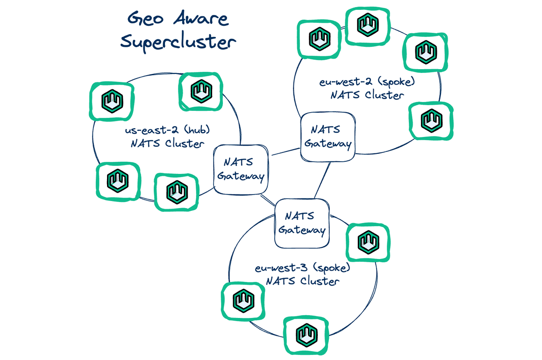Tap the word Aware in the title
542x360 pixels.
(x=200, y=19)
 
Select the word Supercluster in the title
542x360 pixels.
(x=178, y=42)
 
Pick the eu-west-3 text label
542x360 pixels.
(x=281, y=268)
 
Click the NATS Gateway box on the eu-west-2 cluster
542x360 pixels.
(x=327, y=136)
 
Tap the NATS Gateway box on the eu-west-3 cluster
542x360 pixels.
(x=301, y=223)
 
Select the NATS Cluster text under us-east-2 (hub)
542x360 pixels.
(x=167, y=144)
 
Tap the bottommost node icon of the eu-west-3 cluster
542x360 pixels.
(x=307, y=335)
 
